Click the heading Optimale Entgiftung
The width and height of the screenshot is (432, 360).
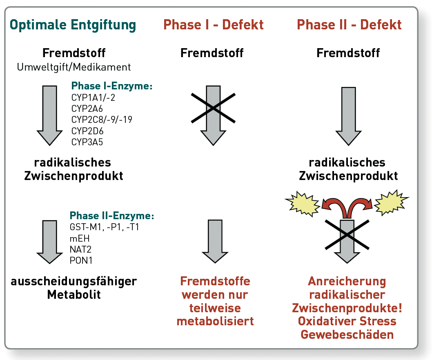coord(73,25)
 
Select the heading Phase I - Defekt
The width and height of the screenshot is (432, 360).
coord(214,25)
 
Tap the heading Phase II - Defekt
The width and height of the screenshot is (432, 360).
coord(349,25)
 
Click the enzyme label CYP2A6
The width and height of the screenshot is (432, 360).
coord(87,109)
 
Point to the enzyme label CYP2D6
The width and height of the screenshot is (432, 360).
coord(87,131)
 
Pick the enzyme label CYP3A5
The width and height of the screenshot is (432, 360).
coord(87,142)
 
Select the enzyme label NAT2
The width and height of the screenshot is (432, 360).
coord(80,249)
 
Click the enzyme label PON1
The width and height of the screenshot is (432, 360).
coord(81,260)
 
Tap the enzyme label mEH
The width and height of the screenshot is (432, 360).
coord(80,238)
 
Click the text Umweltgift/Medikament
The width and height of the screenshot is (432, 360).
coord(74,67)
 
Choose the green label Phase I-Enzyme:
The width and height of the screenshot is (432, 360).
coord(112,86)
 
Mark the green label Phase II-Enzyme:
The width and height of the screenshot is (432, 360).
coord(112,216)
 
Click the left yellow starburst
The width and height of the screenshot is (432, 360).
coord(303,204)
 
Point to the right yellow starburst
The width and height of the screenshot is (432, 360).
coord(391,203)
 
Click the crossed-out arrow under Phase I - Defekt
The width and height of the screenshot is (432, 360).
coord(213,115)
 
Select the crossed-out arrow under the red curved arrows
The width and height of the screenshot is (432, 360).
coord(347,241)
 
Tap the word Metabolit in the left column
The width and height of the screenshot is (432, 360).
coord(74,294)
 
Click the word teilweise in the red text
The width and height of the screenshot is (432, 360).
coord(215,308)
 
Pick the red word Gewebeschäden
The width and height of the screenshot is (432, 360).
coord(347,334)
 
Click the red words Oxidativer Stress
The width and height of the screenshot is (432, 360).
coord(347,321)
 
